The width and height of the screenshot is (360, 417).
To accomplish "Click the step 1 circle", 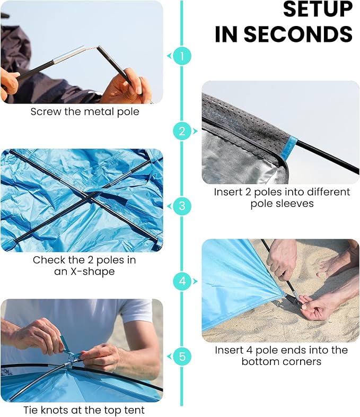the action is point(182,56).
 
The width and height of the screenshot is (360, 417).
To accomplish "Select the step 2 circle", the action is point(182,131).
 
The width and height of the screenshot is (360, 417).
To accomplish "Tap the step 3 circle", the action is point(182,206).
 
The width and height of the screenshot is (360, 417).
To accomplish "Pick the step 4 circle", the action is point(182,281).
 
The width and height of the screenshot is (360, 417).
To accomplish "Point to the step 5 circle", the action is point(182,357).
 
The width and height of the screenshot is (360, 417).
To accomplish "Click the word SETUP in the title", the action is point(318,10).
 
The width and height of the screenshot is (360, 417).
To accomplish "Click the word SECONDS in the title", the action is point(298,34).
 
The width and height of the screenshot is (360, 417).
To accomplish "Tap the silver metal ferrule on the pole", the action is point(69,55).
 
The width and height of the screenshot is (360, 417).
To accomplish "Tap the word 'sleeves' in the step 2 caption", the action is point(295,204).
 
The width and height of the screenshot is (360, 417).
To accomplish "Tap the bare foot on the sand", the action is point(336,262).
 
